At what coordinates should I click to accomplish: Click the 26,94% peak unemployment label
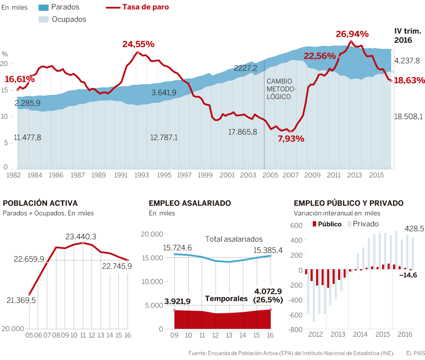352,34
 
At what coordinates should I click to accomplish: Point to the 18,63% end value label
409,81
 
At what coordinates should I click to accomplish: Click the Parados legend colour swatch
43,7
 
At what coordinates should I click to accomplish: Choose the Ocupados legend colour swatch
43,19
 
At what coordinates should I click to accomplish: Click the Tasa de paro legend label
146,7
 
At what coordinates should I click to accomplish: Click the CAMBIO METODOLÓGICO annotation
279,89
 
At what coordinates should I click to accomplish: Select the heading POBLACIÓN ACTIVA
40,203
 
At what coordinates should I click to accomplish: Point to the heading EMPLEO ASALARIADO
190,203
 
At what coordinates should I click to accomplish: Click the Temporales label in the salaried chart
226,298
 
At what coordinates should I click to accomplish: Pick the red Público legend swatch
314,224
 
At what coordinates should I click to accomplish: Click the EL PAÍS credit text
415,354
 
